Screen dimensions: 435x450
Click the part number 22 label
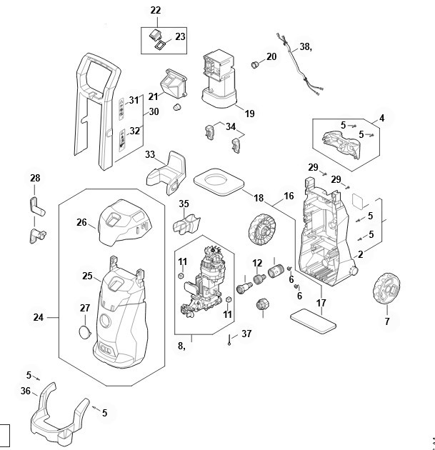tap(156, 10)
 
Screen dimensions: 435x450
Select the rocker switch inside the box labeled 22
tap(156, 34)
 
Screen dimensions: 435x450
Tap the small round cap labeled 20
tap(254, 64)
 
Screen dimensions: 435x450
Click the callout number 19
tap(249, 114)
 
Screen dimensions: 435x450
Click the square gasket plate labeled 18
tap(219, 182)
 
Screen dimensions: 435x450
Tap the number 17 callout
tap(321, 303)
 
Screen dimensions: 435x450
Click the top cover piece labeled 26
tap(124, 223)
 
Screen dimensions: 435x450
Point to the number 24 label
tap(39, 317)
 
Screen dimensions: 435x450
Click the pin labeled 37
tap(229, 339)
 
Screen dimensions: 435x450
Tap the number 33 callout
tap(150, 154)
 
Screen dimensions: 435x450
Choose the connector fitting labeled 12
tap(259, 279)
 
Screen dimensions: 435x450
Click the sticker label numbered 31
tap(121, 109)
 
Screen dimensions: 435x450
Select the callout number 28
tap(35, 178)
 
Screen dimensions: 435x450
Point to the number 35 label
tap(184, 204)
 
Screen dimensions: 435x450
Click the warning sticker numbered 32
tap(122, 140)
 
